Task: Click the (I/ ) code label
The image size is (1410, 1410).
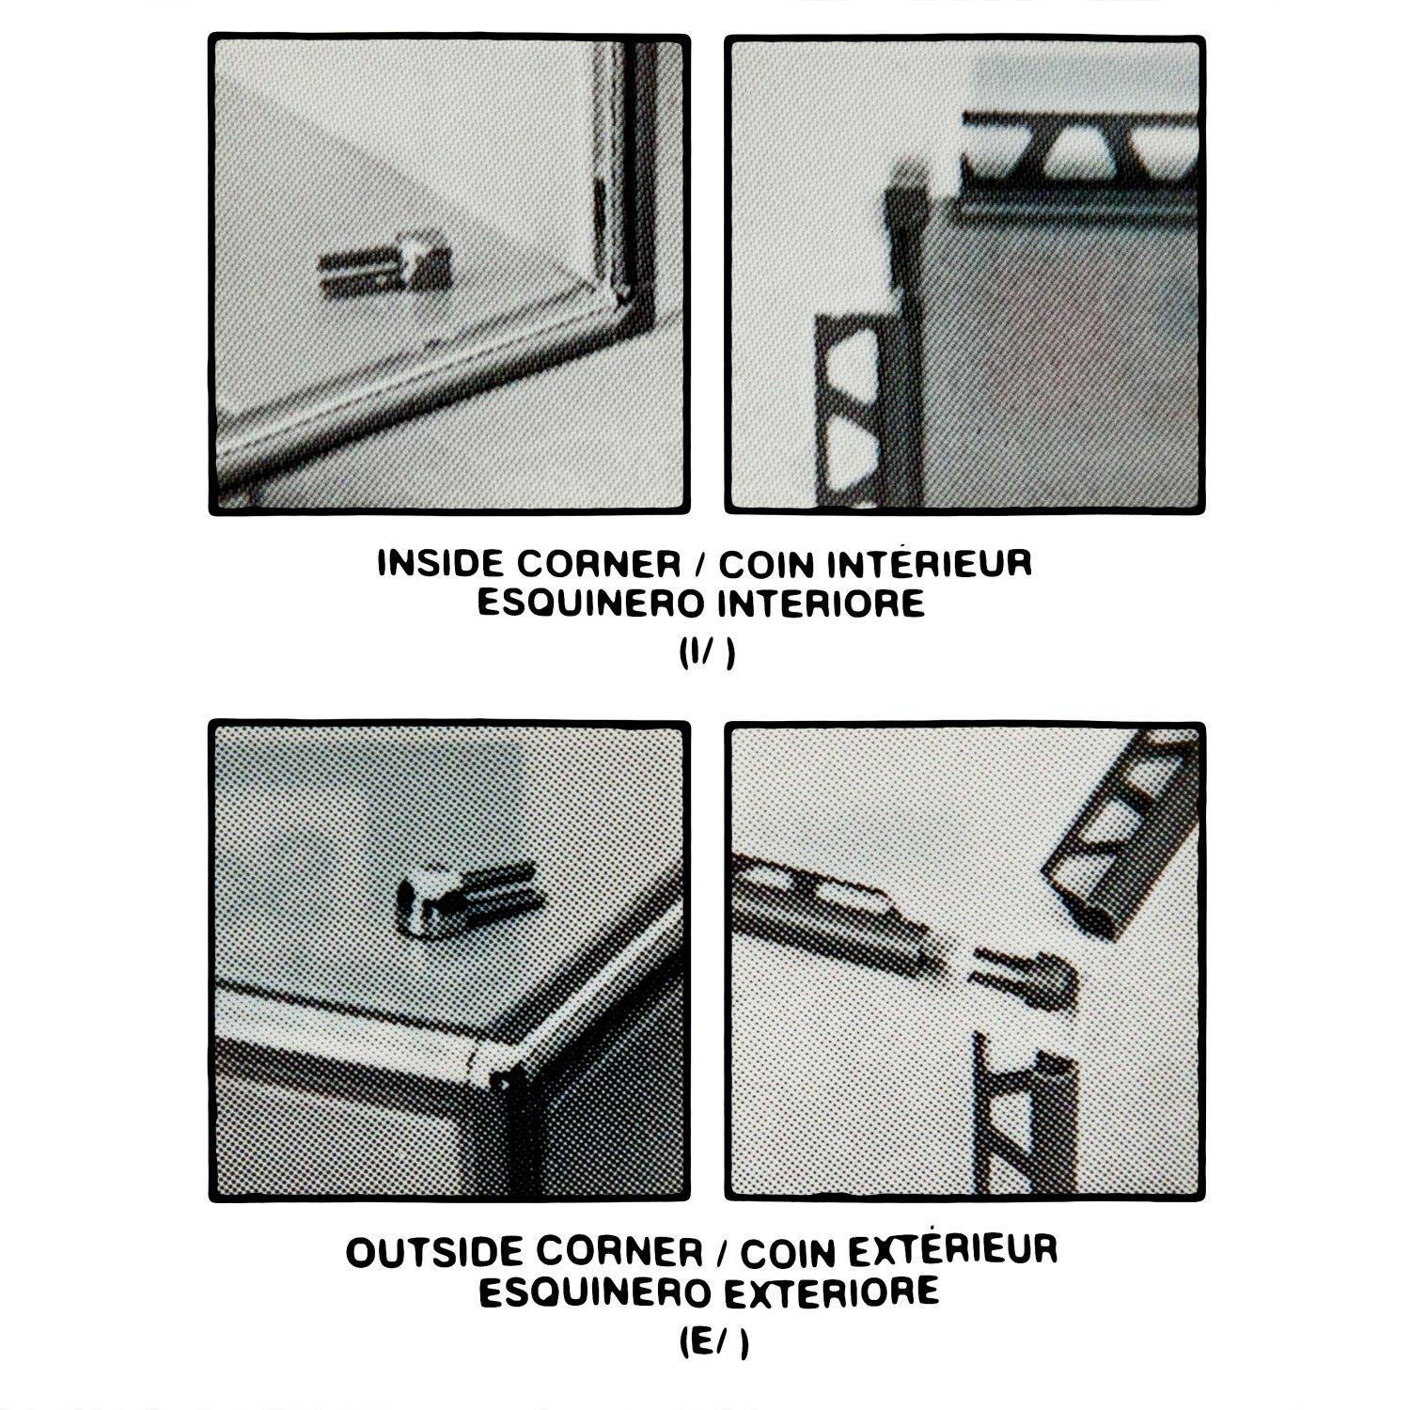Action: [x=705, y=654]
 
